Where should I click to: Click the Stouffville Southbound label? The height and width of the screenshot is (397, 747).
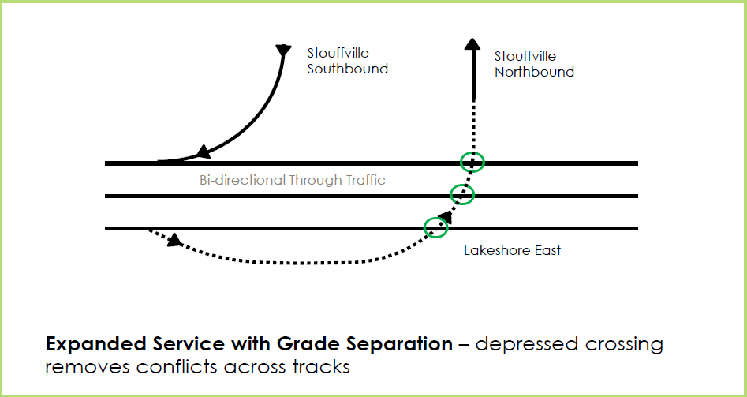point(347,61)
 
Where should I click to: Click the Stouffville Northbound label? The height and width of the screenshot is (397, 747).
point(534,64)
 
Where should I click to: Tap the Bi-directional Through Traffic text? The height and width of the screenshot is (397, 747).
point(293,180)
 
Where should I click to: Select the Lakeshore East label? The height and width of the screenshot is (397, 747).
point(512,250)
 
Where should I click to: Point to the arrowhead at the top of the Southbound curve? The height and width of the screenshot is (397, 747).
point(282,51)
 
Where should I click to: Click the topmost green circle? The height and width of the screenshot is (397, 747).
point(472,162)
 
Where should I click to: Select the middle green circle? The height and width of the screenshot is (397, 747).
point(462,193)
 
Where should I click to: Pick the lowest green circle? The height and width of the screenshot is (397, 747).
point(435,227)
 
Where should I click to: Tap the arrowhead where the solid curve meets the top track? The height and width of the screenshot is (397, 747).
point(203,152)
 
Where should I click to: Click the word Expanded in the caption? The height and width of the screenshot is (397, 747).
point(88,345)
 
